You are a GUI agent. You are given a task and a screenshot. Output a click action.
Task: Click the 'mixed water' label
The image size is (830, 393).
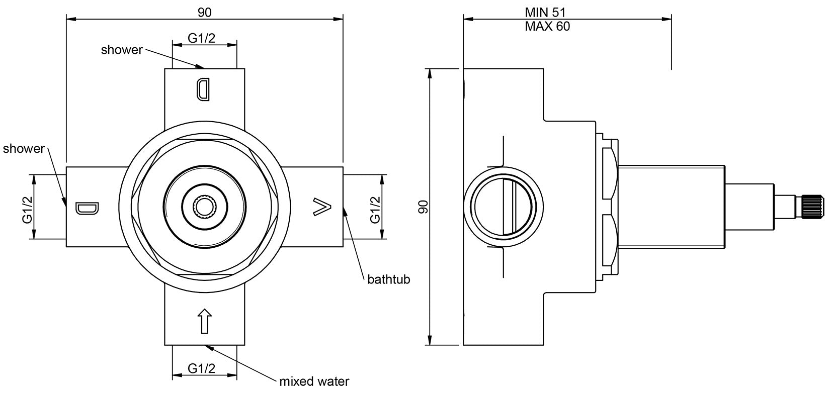tap(314, 381)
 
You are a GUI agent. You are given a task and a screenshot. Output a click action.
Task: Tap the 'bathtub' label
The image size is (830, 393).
tap(388, 279)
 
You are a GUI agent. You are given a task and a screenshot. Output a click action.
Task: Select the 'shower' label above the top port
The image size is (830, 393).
tap(122, 50)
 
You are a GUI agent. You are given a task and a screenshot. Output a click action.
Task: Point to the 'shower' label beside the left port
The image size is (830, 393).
tap(24, 149)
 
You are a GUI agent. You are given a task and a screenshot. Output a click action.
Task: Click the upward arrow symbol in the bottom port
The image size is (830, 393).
tap(205, 321)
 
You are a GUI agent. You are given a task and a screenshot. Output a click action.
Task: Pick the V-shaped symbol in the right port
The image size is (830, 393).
tap(322, 208)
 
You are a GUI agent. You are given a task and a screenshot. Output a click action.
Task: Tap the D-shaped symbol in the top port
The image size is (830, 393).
tap(203, 89)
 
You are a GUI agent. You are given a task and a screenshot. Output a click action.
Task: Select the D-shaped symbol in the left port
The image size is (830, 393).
tap(88, 208)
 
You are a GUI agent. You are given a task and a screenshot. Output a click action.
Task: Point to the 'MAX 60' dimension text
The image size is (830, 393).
tap(547, 27)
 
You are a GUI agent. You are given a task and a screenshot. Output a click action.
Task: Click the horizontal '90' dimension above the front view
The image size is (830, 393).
tap(204, 13)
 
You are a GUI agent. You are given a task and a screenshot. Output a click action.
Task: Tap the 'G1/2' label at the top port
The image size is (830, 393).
tap(202, 38)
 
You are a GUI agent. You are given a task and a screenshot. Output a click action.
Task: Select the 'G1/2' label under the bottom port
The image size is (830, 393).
tap(202, 368)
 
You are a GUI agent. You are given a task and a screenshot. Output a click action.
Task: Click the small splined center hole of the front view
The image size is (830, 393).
tap(205, 207)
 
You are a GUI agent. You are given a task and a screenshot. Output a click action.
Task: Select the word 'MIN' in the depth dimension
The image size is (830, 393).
tap(536, 12)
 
